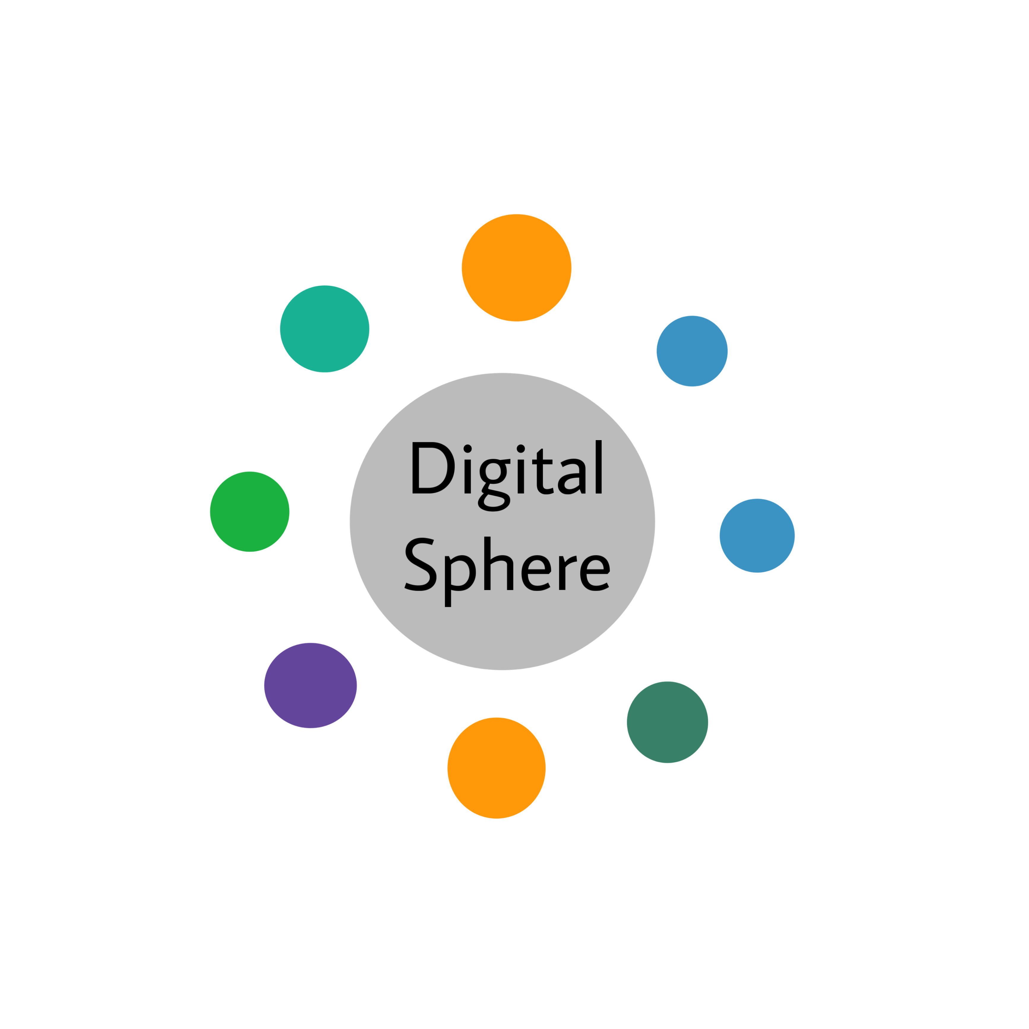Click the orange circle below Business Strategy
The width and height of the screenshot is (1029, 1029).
coord(516,267)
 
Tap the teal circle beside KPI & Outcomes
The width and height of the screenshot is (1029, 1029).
coord(324,329)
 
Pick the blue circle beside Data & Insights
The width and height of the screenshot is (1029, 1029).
coord(757,535)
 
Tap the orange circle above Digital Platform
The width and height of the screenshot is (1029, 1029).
coord(496,767)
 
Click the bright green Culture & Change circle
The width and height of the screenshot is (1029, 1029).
coord(249,511)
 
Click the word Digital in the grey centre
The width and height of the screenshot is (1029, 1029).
coord(506,471)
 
